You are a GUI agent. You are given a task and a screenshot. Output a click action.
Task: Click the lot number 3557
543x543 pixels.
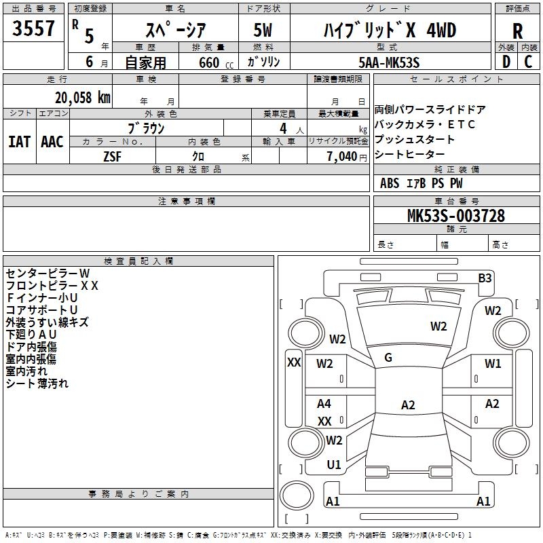pyautogui.click(x=33, y=28)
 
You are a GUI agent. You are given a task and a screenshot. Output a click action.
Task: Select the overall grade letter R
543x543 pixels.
pyautogui.click(x=517, y=31)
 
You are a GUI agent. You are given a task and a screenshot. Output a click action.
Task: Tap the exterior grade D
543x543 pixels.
pyautogui.click(x=506, y=62)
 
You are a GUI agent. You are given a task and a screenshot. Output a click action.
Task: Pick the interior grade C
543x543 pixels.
pyautogui.click(x=528, y=62)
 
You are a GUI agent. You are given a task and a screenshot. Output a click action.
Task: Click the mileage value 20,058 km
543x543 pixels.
pyautogui.click(x=83, y=98)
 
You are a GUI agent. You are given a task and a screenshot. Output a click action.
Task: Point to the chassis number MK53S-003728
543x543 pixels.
pyautogui.click(x=456, y=216)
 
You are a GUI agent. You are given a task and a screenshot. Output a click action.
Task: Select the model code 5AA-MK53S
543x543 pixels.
pyautogui.click(x=389, y=62)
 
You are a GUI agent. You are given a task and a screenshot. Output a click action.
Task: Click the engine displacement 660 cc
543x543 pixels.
pyautogui.click(x=216, y=63)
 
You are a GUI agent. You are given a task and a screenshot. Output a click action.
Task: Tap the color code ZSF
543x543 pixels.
pyautogui.click(x=112, y=157)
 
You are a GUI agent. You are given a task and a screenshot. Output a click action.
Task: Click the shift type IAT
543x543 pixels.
pyautogui.click(x=19, y=142)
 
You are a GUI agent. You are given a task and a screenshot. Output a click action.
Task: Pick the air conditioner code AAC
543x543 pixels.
pyautogui.click(x=52, y=142)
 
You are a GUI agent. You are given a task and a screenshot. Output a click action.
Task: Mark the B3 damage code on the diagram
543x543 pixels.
pyautogui.click(x=485, y=278)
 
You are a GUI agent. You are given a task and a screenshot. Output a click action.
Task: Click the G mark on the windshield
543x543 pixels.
pyautogui.click(x=388, y=358)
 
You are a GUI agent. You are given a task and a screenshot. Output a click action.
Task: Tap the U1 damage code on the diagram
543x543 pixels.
pyautogui.click(x=334, y=465)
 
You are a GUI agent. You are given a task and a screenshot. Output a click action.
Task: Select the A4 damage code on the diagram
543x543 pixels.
pyautogui.click(x=324, y=403)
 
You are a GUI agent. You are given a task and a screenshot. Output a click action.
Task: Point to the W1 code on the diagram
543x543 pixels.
pyautogui.click(x=493, y=364)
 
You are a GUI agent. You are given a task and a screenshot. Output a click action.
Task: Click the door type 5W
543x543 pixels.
pyautogui.click(x=263, y=30)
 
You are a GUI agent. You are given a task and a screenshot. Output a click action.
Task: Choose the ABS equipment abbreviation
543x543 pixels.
pyautogui.click(x=390, y=183)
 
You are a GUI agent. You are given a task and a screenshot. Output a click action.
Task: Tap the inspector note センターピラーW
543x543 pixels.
pyautogui.click(x=48, y=274)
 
